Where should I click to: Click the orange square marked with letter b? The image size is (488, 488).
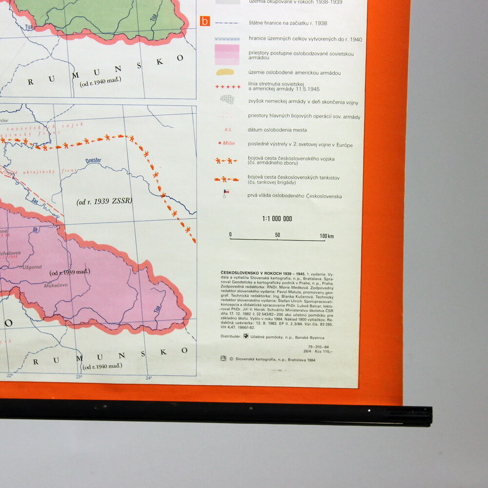click(x=205, y=21)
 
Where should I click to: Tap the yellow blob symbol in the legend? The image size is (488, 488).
click(x=227, y=72)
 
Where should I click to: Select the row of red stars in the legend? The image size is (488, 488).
click(x=228, y=87)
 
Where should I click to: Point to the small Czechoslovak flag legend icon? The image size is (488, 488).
click(x=225, y=193)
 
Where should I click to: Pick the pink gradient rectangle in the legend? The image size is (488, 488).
click(x=227, y=55)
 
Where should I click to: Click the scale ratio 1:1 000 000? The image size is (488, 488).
click(x=277, y=219)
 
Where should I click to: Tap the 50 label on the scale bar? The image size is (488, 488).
click(x=277, y=235)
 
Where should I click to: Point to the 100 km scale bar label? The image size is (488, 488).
click(x=326, y=236)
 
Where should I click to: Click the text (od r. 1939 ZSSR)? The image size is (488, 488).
click(x=104, y=201)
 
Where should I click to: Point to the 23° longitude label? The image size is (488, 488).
click(x=79, y=376)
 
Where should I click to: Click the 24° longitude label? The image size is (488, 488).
click(x=149, y=377)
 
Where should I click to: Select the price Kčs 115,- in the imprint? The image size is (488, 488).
click(x=325, y=351)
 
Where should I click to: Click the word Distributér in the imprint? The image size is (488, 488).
click(x=230, y=337)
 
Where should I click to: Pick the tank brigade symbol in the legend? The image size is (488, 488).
click(x=226, y=179)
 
